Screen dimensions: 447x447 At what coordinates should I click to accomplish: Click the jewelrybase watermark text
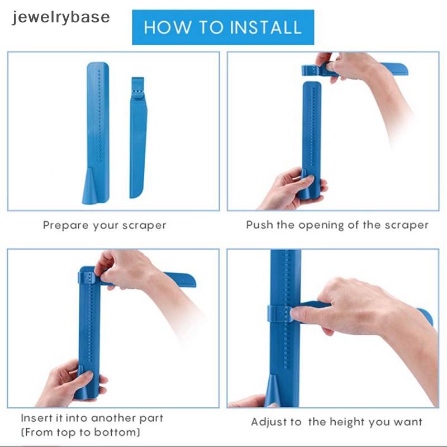click(61, 17)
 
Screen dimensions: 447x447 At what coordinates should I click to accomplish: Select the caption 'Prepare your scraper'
click(104, 226)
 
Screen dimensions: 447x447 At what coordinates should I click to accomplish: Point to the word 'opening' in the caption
click(321, 226)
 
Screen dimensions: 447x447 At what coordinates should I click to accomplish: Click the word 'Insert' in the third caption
click(36, 418)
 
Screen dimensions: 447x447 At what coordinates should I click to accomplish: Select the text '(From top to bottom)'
click(80, 432)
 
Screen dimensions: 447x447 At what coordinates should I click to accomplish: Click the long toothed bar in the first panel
click(96, 132)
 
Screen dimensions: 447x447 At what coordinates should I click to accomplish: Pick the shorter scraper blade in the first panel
click(138, 137)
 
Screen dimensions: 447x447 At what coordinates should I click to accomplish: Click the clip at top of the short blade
click(137, 88)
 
